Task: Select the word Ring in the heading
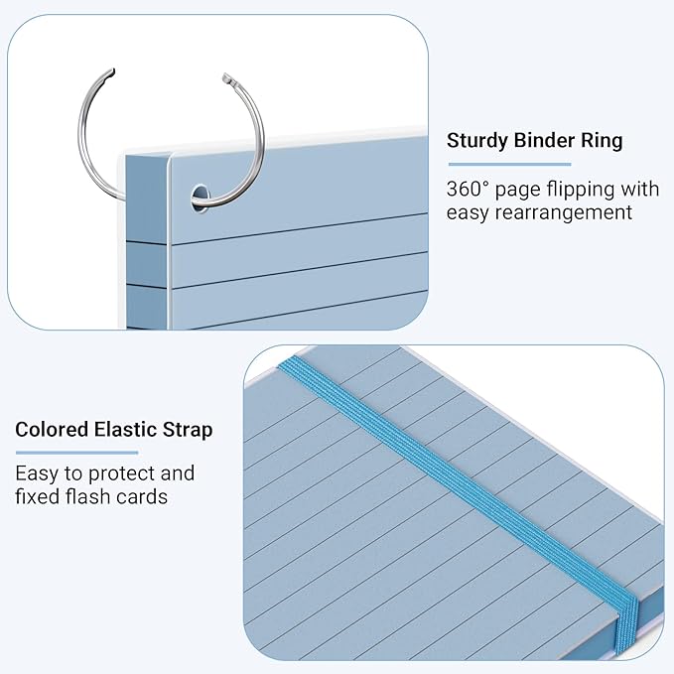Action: click(x=602, y=141)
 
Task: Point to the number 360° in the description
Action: click(x=468, y=189)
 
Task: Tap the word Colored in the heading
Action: click(x=52, y=430)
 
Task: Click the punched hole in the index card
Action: click(x=200, y=199)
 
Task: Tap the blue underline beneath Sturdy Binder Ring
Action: click(x=510, y=164)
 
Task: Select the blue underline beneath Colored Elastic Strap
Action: click(x=77, y=453)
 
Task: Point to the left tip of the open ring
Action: click(x=112, y=71)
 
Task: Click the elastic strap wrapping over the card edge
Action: click(x=626, y=626)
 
